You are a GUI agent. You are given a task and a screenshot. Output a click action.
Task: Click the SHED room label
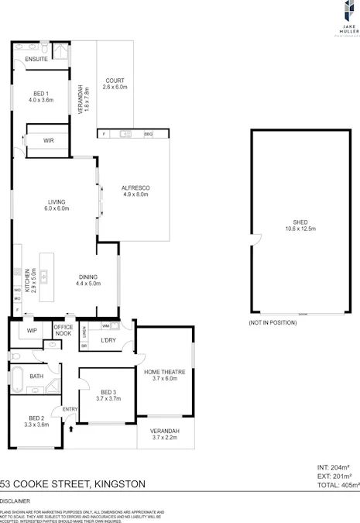coord(300,223)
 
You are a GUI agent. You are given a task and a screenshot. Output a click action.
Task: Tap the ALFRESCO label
coord(135,189)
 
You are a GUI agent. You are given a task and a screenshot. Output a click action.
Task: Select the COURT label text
coord(115,81)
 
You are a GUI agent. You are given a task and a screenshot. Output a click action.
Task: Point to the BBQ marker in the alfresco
coord(148,134)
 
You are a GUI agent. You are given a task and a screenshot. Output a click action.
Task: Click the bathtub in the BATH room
coord(15,377)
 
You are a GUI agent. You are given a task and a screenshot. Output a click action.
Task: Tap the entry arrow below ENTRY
coord(71,426)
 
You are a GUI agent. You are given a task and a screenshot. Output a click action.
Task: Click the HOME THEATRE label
coord(166,373)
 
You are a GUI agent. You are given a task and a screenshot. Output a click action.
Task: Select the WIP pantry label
coord(32,331)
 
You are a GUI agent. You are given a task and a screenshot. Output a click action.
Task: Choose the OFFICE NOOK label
coord(63,330)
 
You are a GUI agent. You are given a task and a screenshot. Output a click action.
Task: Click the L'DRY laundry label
coord(108,340)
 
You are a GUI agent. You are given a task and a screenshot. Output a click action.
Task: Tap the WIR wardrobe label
coord(48,139)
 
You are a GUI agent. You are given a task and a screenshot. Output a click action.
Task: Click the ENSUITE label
coord(36,60)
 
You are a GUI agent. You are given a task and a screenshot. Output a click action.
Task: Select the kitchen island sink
coord(44,274)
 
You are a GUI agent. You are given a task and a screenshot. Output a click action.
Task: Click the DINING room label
coord(87,277)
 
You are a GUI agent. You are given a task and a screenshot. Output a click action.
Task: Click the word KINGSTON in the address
coord(119,483)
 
